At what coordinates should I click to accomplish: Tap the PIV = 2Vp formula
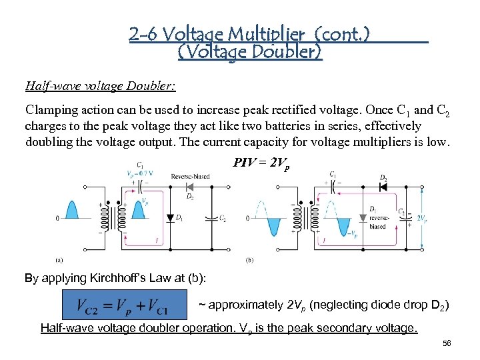tap(261, 163)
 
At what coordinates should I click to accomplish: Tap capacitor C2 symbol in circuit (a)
tap(213, 218)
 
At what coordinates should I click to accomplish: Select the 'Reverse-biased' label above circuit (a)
tap(190, 177)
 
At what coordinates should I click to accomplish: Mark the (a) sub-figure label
tap(59, 259)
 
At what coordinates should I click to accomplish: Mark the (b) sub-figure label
tap(249, 259)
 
